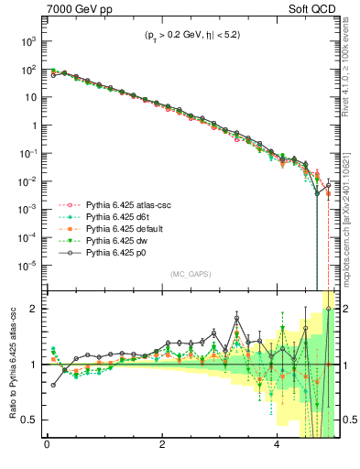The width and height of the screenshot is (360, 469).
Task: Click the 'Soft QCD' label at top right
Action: coord(313,9)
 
